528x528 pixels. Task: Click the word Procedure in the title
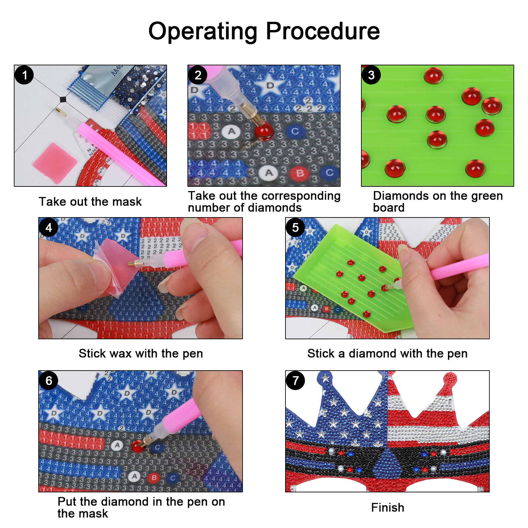323,31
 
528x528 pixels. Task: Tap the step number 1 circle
24,75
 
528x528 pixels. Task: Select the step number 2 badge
198,75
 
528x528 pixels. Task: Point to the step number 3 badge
371,75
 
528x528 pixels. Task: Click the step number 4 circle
49,227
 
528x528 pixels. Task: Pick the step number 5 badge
295,227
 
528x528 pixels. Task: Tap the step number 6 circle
49,380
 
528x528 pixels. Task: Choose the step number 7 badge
295,380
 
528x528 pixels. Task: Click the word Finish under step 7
388,508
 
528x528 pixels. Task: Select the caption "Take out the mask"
90,202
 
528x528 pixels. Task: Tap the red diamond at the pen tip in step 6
137,446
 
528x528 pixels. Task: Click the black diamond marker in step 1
63,99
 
